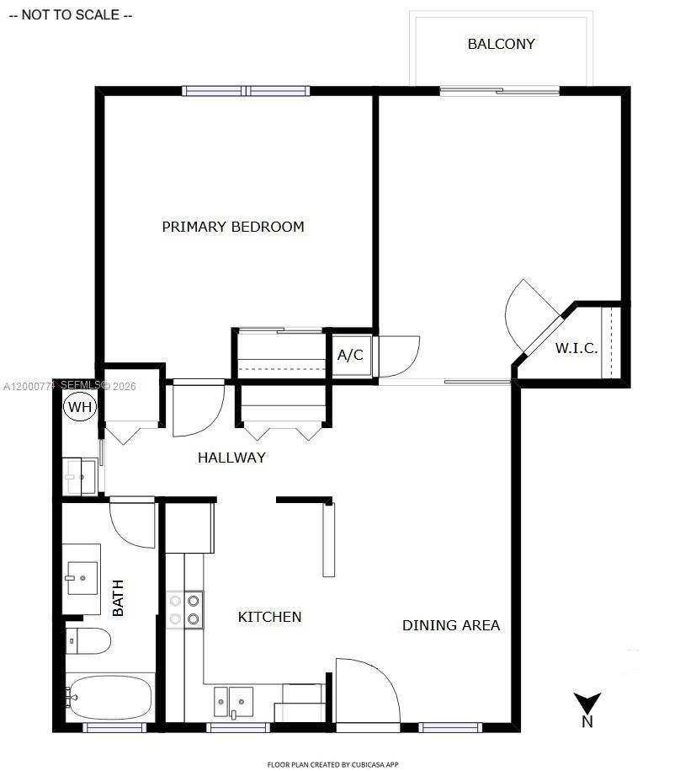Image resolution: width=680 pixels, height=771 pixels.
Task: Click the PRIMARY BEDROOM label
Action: pyautogui.click(x=233, y=227)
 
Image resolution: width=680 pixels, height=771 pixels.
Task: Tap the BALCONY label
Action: pyautogui.click(x=501, y=44)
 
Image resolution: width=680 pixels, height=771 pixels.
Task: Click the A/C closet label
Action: pyautogui.click(x=350, y=355)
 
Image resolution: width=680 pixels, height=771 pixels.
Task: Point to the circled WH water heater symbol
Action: pyautogui.click(x=80, y=408)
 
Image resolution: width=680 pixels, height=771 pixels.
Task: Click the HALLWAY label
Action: pyautogui.click(x=231, y=458)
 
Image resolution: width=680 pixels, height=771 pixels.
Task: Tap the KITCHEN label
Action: pyautogui.click(x=269, y=617)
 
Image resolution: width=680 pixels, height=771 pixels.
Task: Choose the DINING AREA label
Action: pyautogui.click(x=450, y=625)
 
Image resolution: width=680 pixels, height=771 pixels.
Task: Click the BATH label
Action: pyautogui.click(x=118, y=597)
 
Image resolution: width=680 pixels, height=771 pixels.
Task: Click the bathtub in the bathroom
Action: pyautogui.click(x=110, y=697)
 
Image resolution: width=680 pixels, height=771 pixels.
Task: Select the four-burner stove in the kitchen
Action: pyautogui.click(x=185, y=610)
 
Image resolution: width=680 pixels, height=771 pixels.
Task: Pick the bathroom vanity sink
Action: pyautogui.click(x=82, y=578)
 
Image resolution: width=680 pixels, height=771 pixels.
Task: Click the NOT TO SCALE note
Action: pyautogui.click(x=70, y=15)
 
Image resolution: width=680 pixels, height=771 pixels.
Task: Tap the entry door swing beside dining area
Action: pyautogui.click(x=365, y=691)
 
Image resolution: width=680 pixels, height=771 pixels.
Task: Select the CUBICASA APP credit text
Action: pyautogui.click(x=339, y=764)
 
